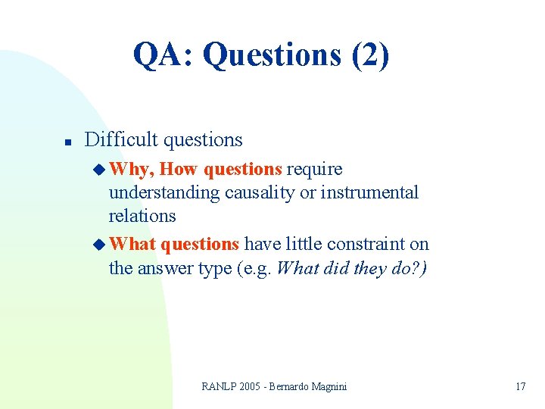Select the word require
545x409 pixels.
pos(314,169)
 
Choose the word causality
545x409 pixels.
pos(254,192)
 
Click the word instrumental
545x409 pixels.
pos(369,192)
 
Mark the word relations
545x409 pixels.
pos(142,216)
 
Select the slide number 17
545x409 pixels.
pos(520,386)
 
